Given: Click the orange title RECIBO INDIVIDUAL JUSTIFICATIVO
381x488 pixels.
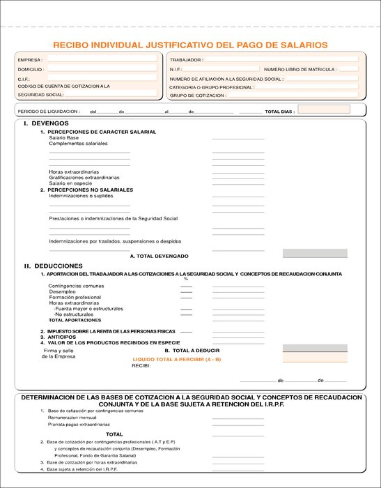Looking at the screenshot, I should [x=190, y=45].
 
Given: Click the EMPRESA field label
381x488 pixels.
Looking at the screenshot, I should [x=30, y=60].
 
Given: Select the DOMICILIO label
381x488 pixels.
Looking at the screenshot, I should [x=31, y=70].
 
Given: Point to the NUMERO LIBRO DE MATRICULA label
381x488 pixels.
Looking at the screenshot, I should [x=300, y=70].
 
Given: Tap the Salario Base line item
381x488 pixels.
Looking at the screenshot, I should [x=64, y=137].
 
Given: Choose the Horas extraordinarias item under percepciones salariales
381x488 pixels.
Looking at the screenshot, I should [x=74, y=171].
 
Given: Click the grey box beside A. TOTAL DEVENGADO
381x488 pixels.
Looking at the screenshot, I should [x=315, y=254].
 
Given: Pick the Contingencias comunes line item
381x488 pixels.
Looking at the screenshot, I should [x=76, y=286].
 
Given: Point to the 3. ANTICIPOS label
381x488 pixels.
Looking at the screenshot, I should [x=63, y=337].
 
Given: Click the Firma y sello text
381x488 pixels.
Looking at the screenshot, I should [x=59, y=350].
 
